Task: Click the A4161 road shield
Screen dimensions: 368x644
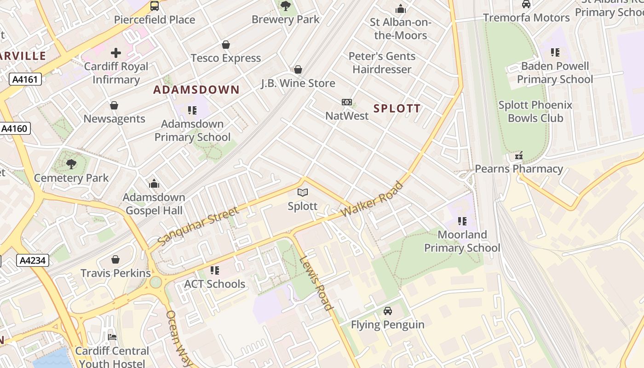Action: (x=25, y=80)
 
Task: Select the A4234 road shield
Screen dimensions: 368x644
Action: (x=32, y=261)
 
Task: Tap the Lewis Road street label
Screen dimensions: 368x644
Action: (x=316, y=283)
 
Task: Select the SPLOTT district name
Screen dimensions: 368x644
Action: (x=397, y=109)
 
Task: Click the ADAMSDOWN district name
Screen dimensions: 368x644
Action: (x=196, y=90)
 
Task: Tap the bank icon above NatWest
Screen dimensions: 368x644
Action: (x=347, y=102)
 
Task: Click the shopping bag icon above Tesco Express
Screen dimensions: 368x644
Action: (x=226, y=45)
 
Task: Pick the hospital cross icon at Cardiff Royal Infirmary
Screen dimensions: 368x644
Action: (x=116, y=53)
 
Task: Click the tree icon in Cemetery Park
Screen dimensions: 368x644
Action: (x=71, y=164)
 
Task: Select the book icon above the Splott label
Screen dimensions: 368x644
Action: (x=303, y=192)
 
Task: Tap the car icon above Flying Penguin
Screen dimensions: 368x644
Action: (x=388, y=311)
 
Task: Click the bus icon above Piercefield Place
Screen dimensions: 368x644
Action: (x=155, y=6)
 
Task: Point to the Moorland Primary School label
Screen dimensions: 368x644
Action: (x=462, y=241)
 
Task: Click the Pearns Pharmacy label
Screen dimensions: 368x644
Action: (x=518, y=169)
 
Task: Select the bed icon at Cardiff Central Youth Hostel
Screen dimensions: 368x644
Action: (x=112, y=337)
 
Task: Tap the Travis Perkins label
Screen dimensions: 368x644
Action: (x=115, y=273)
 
